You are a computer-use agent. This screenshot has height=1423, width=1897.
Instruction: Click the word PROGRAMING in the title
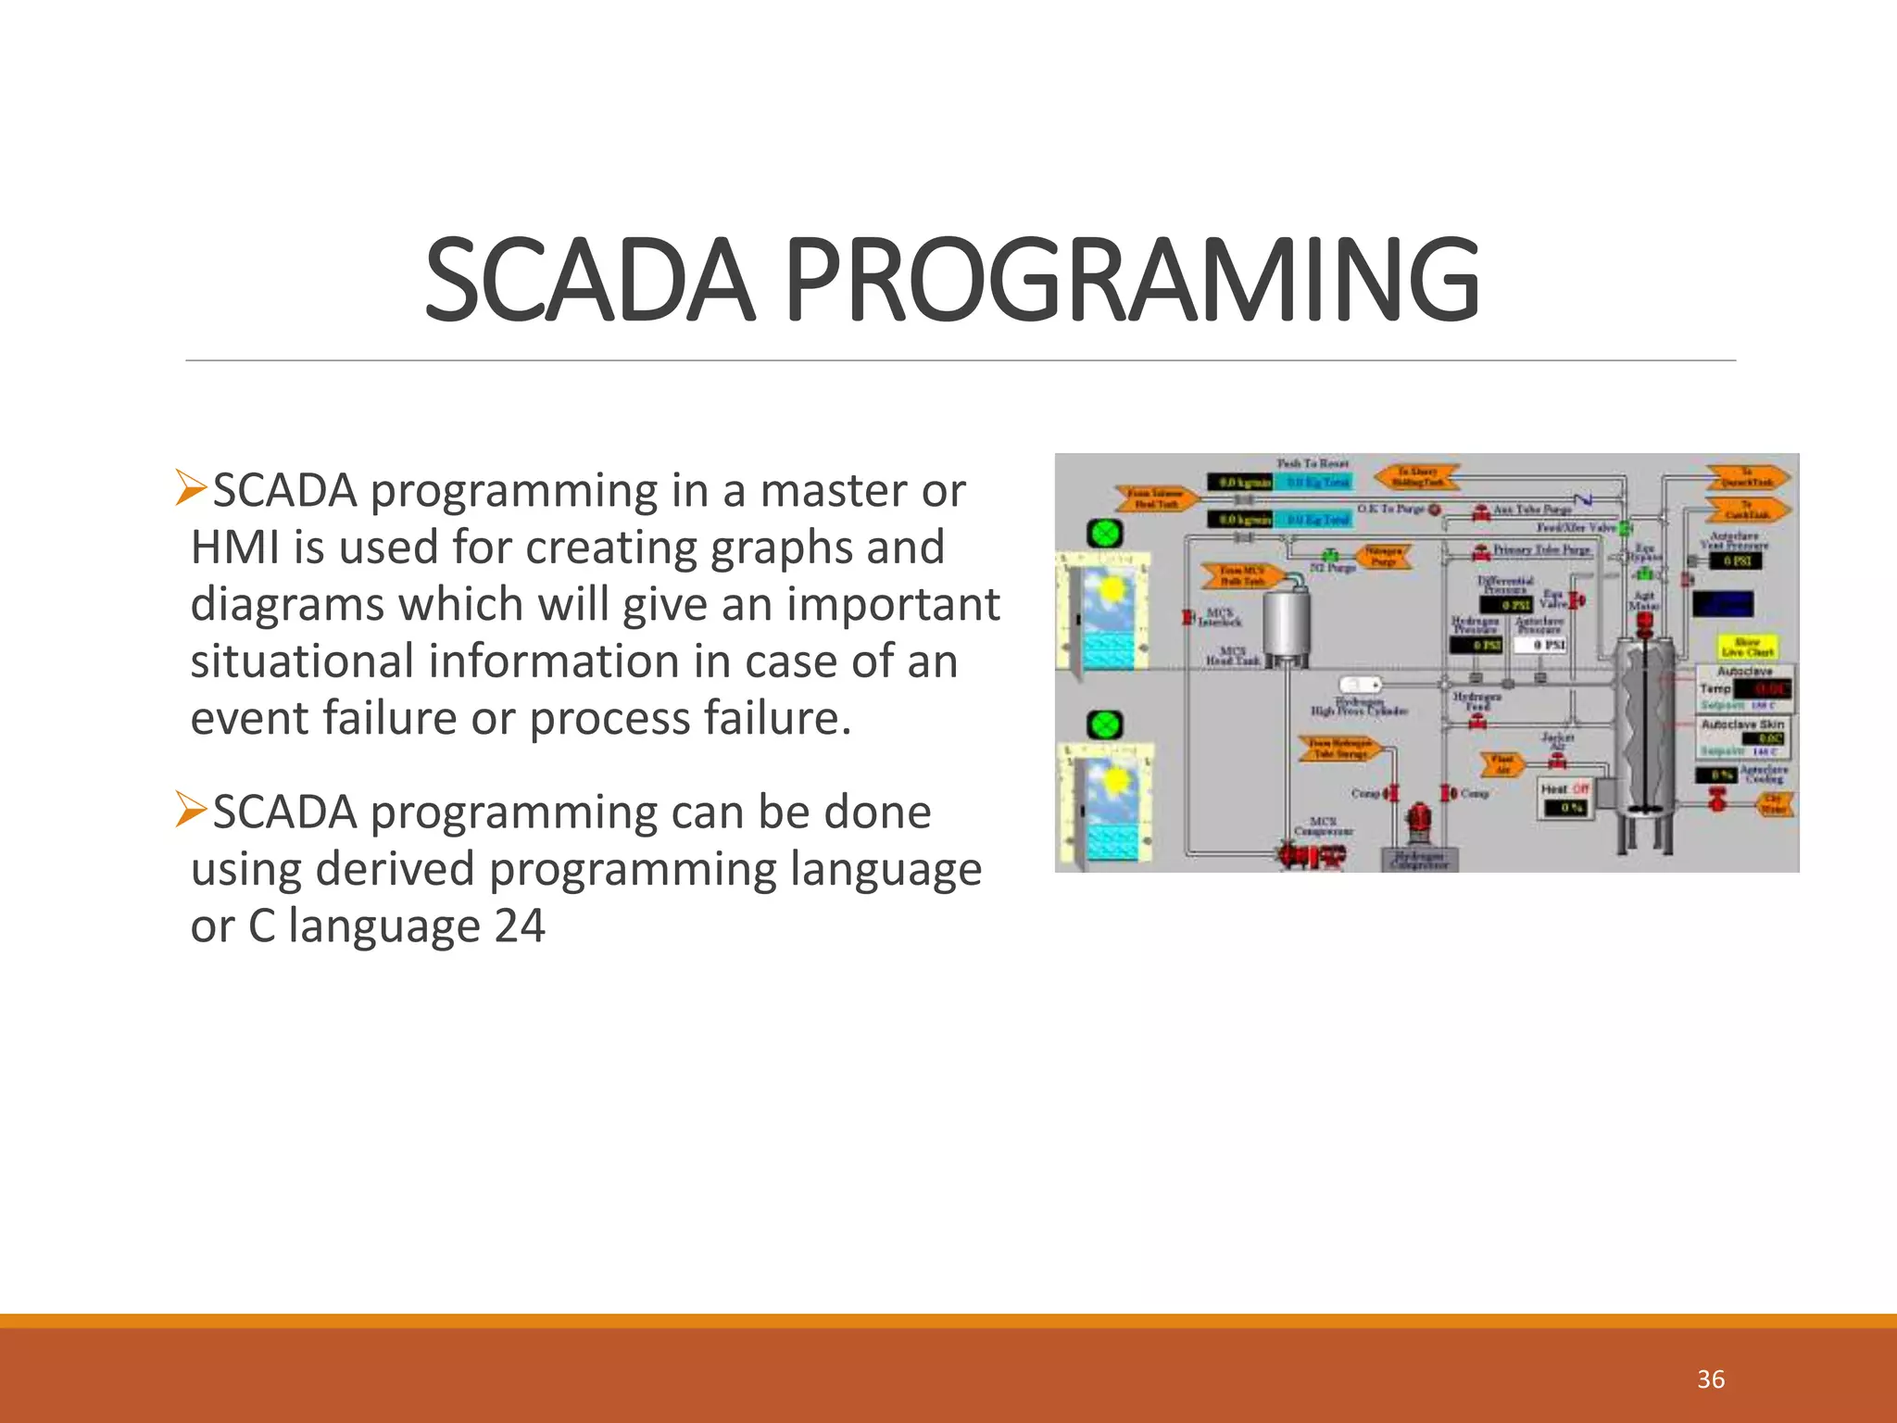pyautogui.click(x=1132, y=280)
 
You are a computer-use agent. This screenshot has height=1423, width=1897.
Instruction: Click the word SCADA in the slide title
pyautogui.click(x=589, y=280)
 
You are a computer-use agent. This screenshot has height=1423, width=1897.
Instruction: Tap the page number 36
pyautogui.click(x=1710, y=1379)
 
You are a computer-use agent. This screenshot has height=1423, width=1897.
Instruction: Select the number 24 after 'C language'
pyautogui.click(x=519, y=926)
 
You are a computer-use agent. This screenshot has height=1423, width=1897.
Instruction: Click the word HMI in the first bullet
pyautogui.click(x=235, y=547)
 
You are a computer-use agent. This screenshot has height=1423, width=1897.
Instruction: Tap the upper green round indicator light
pyautogui.click(x=1104, y=534)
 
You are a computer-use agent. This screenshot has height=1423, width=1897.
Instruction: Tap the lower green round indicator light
pyautogui.click(x=1104, y=724)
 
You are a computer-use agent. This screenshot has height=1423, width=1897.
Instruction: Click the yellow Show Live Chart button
pyautogui.click(x=1747, y=647)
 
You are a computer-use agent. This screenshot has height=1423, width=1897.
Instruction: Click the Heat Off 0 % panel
pyautogui.click(x=1564, y=799)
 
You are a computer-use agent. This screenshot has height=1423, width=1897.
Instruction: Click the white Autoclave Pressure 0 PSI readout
pyautogui.click(x=1540, y=644)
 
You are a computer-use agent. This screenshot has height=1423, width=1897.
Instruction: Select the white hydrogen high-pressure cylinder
pyautogui.click(x=1361, y=686)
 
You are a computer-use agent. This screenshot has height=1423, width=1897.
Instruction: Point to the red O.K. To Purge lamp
pyautogui.click(x=1435, y=510)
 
